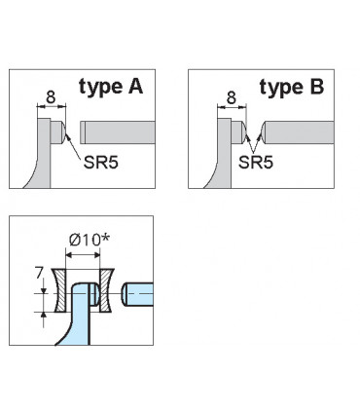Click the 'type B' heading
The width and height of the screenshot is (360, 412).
pos(292,87)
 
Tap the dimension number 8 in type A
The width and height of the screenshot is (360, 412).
pos(50,97)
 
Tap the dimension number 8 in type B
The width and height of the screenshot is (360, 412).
pos(231,97)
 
